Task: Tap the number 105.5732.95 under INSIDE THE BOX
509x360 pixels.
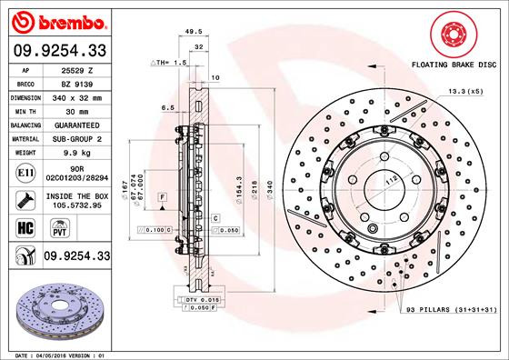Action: [x=75, y=206]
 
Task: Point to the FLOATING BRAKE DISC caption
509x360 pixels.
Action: [x=454, y=66]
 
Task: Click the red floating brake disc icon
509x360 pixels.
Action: [x=454, y=34]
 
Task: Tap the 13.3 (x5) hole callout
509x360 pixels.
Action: [x=464, y=92]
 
